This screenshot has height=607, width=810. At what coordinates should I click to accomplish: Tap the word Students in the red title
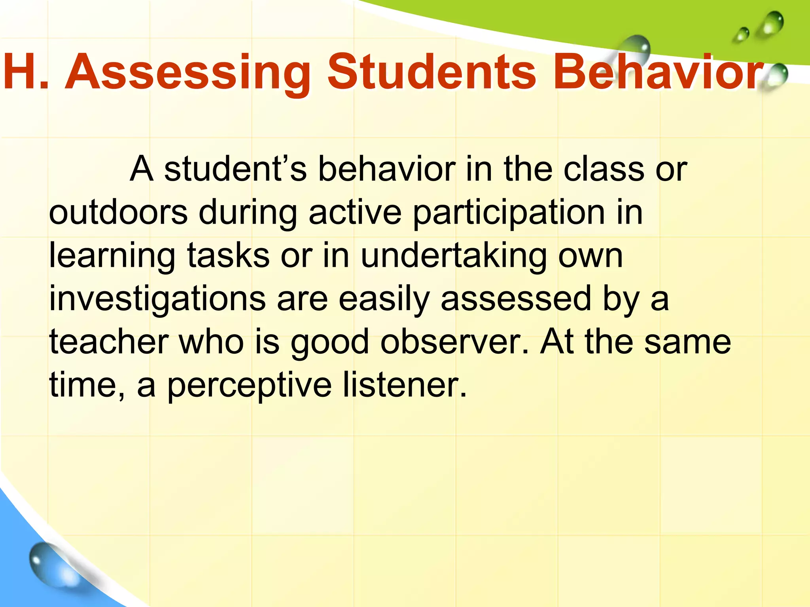click(431, 73)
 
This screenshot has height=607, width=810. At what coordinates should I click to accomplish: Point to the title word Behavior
click(657, 73)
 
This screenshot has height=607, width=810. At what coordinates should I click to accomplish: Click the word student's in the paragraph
click(235, 169)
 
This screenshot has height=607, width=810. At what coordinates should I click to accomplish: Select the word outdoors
click(118, 213)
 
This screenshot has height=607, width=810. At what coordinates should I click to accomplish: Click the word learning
click(112, 256)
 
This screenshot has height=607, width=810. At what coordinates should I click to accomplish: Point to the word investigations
click(157, 299)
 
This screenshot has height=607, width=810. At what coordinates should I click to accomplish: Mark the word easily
click(384, 299)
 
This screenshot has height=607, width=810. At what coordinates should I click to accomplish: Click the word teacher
click(109, 342)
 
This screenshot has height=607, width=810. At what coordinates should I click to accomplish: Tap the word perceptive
click(249, 386)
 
